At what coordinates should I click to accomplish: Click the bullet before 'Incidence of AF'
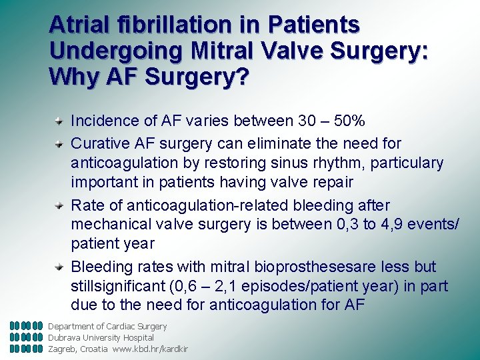[x=59, y=121]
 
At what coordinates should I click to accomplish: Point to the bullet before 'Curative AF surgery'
[x=59, y=143]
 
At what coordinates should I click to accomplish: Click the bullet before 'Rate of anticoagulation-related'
[x=59, y=205]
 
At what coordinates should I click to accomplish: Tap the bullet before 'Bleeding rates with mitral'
[x=59, y=267]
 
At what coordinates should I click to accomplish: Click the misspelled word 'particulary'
[x=407, y=163]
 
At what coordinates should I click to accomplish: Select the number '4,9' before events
[x=385, y=225]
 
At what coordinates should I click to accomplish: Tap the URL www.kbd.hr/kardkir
[x=150, y=349]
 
